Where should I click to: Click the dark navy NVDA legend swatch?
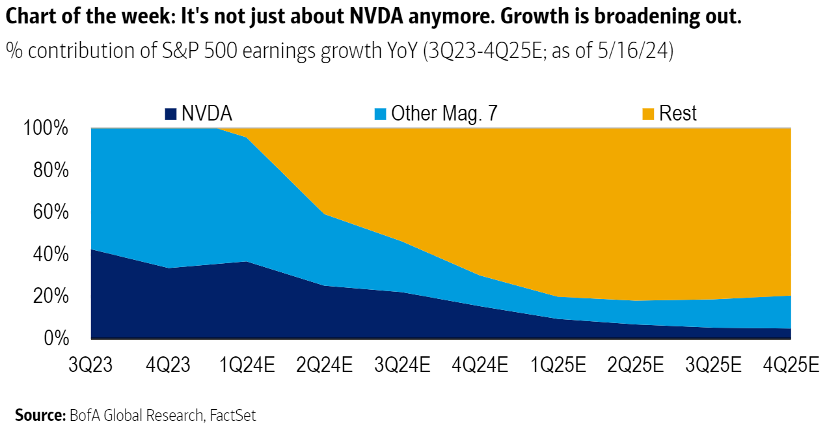pyautogui.click(x=170, y=114)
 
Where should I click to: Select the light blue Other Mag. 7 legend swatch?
pyautogui.click(x=380, y=114)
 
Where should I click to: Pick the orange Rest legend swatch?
pyautogui.click(x=648, y=114)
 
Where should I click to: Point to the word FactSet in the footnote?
pyautogui.click(x=233, y=415)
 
